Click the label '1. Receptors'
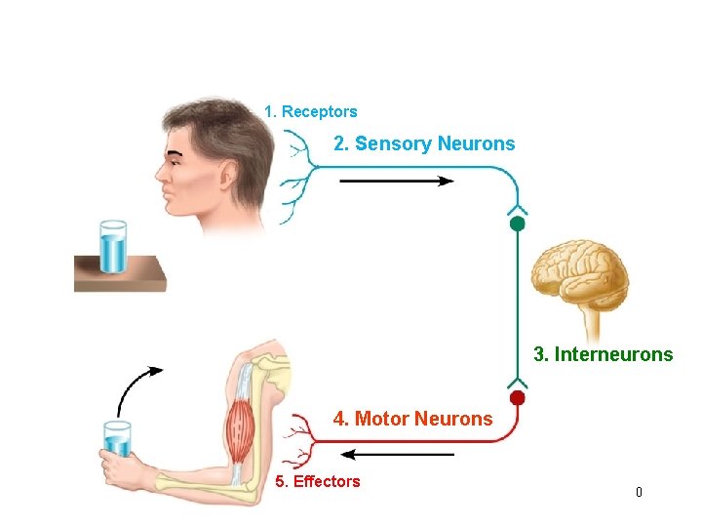coord(310,112)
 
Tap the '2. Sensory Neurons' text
coord(424,144)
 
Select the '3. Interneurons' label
coord(603,354)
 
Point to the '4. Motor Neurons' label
coord(413,419)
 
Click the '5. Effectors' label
coord(318,481)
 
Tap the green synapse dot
coord(518,223)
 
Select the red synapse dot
coord(518,397)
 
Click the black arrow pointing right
coord(397,181)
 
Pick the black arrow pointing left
coord(400,454)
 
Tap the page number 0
coord(639,492)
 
